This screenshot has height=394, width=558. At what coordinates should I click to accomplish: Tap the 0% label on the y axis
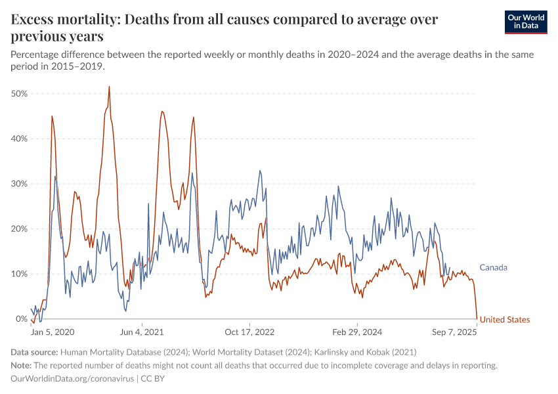(x=21, y=319)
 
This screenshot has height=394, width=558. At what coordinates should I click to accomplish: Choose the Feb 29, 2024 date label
(x=356, y=332)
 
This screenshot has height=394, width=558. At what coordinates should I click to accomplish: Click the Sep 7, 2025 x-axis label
(x=454, y=332)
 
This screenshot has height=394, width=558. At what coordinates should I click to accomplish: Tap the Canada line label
(x=493, y=267)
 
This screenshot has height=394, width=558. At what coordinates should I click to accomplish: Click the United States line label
(x=504, y=320)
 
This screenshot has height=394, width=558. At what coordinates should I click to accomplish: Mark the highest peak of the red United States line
(x=109, y=87)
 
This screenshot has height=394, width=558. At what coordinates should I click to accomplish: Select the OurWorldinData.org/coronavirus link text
(x=72, y=378)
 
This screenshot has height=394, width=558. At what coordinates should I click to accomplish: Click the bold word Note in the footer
(x=21, y=365)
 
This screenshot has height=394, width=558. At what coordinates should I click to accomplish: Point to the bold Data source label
(x=35, y=352)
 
